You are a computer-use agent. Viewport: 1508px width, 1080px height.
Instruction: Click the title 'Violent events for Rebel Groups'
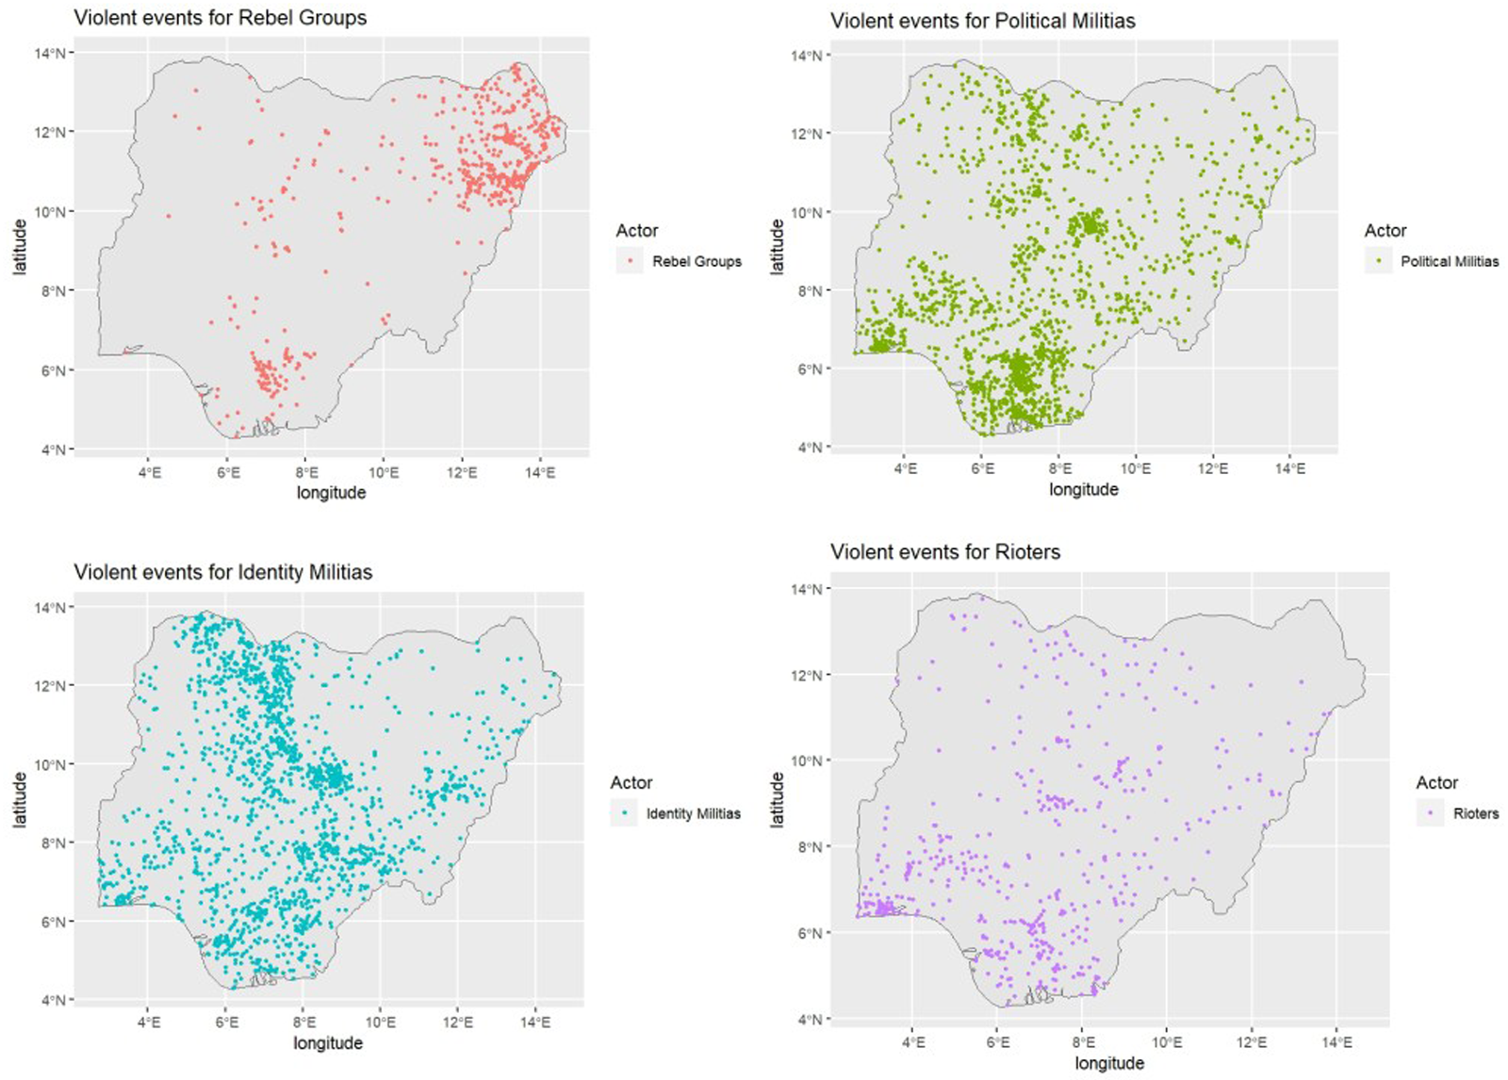point(221,18)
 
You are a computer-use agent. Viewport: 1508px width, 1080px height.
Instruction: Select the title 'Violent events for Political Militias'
point(982,22)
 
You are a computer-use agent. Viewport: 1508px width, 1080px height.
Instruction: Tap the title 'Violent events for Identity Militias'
point(222,572)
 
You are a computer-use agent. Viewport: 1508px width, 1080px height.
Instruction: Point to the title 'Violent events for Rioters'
point(945,552)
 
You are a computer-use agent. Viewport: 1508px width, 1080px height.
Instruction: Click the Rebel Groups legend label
point(697,261)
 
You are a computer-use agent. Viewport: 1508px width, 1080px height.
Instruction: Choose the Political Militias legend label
point(1450,261)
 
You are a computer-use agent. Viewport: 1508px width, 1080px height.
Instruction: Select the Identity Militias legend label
point(694,813)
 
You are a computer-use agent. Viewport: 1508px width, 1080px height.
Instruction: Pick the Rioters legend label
point(1476,813)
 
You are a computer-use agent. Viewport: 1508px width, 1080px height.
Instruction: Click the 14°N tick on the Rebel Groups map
point(51,53)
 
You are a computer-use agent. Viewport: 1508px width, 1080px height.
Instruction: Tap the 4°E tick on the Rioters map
point(912,1043)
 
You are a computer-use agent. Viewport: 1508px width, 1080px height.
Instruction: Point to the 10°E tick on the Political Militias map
point(1136,468)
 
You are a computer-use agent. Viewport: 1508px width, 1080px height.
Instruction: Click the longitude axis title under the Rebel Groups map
point(331,493)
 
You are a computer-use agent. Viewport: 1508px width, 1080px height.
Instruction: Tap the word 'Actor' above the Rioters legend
point(1436,782)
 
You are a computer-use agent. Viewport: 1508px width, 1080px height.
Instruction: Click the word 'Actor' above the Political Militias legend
point(1385,231)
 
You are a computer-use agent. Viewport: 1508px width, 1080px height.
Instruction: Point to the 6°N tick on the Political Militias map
point(810,369)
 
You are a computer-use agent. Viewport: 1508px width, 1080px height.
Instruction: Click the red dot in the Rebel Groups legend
point(630,261)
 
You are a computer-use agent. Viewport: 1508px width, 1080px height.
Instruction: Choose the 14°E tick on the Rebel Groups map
point(540,473)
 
